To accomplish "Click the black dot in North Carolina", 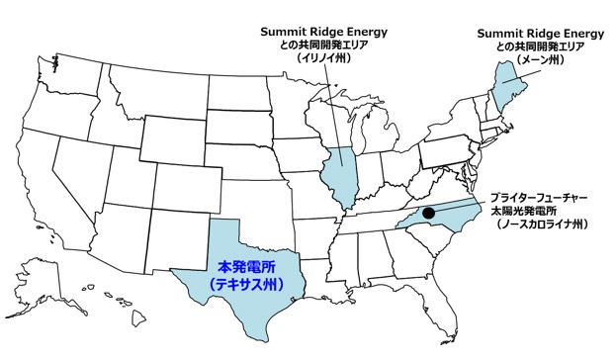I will coord(428,212).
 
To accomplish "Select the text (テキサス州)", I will coord(246,285).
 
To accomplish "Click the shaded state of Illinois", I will coord(339,179).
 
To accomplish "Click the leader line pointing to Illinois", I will coord(335,109).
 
